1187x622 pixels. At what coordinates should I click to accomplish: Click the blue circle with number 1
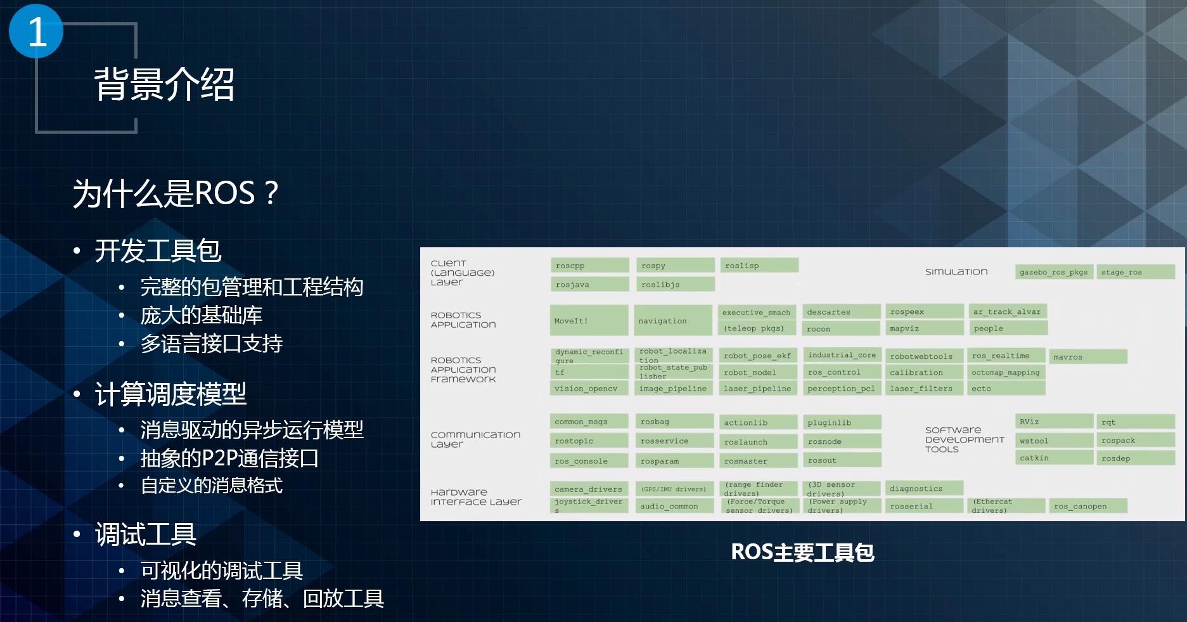36,32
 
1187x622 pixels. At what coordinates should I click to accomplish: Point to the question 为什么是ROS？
176,193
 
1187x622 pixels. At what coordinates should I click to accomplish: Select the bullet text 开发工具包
158,250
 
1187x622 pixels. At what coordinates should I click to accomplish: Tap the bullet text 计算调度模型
170,394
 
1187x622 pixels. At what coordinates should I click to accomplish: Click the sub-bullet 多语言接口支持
211,343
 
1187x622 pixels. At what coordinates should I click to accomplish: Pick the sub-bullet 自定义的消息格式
211,486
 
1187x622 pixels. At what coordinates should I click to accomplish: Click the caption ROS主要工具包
802,552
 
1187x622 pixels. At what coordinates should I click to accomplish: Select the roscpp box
589,266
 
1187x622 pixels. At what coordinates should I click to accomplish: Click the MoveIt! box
589,320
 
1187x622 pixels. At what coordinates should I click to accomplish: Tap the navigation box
673,320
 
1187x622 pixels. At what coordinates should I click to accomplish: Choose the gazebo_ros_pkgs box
1053,272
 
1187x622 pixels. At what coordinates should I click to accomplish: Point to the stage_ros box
1136,272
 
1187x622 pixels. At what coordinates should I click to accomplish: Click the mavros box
1088,357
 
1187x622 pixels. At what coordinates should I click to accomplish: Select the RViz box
1054,422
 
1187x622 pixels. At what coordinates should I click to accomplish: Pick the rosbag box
674,422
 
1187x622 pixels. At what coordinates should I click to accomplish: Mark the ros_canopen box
1089,506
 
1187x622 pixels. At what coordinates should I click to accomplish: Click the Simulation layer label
956,271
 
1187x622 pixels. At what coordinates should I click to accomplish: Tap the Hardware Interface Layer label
476,496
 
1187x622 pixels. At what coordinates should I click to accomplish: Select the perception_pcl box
841,389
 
